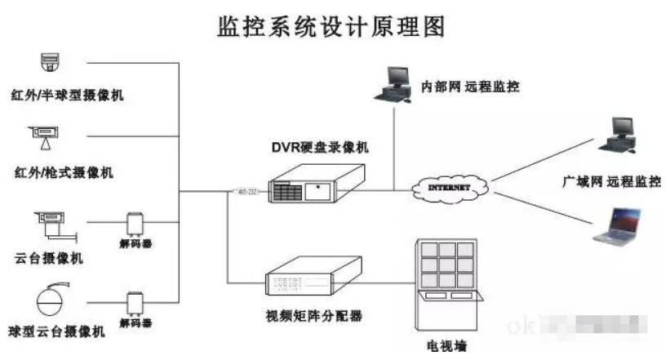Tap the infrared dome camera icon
51,63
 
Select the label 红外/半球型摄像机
69,96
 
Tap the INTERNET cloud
450,189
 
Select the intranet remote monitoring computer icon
393,84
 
